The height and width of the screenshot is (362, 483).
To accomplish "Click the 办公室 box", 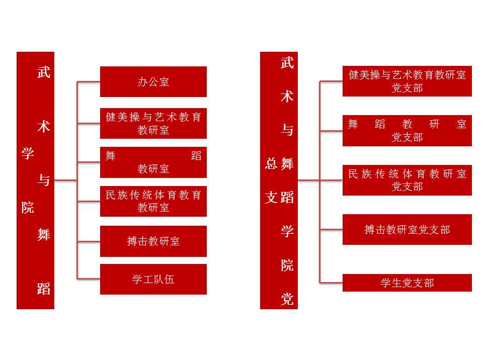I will click(x=153, y=81).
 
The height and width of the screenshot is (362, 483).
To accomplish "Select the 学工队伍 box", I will click(x=153, y=279).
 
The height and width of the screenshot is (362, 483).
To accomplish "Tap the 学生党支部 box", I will click(x=407, y=283).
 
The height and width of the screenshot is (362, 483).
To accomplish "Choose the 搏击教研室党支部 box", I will click(x=407, y=230).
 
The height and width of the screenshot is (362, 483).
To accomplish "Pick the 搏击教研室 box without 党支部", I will click(x=153, y=241).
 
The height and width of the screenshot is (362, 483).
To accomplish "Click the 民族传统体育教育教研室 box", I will click(x=153, y=201).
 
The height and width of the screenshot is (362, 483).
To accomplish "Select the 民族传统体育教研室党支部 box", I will click(x=407, y=180).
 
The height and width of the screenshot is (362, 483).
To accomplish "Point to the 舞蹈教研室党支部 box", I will click(x=407, y=131).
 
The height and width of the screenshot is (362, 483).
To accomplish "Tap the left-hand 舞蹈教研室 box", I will click(x=153, y=162).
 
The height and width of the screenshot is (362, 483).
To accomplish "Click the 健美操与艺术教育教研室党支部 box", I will click(x=407, y=81).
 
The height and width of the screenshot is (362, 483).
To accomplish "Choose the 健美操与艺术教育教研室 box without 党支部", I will click(x=153, y=123).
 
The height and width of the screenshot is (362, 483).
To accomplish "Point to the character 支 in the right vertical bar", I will click(x=271, y=197).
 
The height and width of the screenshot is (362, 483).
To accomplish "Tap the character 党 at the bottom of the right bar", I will click(x=287, y=299).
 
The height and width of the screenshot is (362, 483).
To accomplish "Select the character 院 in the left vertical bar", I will click(x=28, y=207).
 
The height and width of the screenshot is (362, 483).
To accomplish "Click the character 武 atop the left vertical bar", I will click(x=44, y=72).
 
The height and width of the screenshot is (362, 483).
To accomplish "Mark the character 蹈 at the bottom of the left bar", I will click(x=44, y=289).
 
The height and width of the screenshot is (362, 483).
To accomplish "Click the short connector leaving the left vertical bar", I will click(x=65, y=180).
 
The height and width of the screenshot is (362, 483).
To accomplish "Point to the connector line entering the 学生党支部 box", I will click(x=331, y=283).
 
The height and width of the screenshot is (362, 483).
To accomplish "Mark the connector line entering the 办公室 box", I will click(x=89, y=81).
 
